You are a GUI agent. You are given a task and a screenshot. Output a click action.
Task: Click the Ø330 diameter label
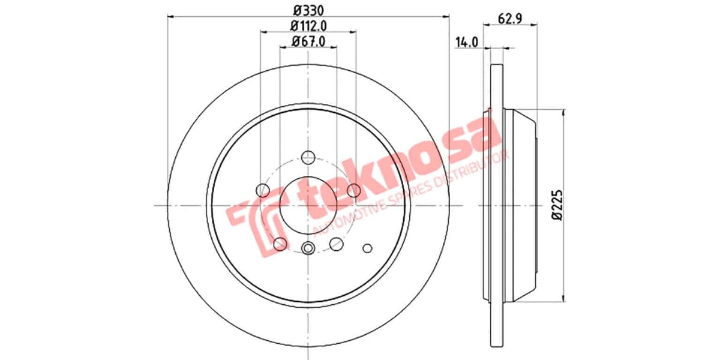point(308,10)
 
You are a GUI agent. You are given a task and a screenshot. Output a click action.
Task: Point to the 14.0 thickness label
point(466,42)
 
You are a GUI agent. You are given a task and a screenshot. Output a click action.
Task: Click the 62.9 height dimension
point(509,19)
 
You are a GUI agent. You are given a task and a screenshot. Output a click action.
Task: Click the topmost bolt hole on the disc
point(308,157)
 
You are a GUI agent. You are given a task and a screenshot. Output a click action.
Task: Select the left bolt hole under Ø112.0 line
point(263,191)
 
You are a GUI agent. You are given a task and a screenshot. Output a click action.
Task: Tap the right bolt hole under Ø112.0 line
point(354,191)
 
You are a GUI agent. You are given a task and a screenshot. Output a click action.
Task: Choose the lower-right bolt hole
point(337,244)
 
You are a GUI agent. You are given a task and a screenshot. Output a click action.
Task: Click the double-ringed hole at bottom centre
point(308,248)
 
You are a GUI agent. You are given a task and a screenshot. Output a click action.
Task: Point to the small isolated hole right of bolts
point(368,247)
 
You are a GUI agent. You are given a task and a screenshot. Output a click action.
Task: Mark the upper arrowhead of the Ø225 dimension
point(564,112)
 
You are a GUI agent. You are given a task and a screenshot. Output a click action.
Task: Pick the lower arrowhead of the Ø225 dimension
point(564,298)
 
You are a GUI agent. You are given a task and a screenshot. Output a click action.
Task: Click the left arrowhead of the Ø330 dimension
point(170,16)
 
